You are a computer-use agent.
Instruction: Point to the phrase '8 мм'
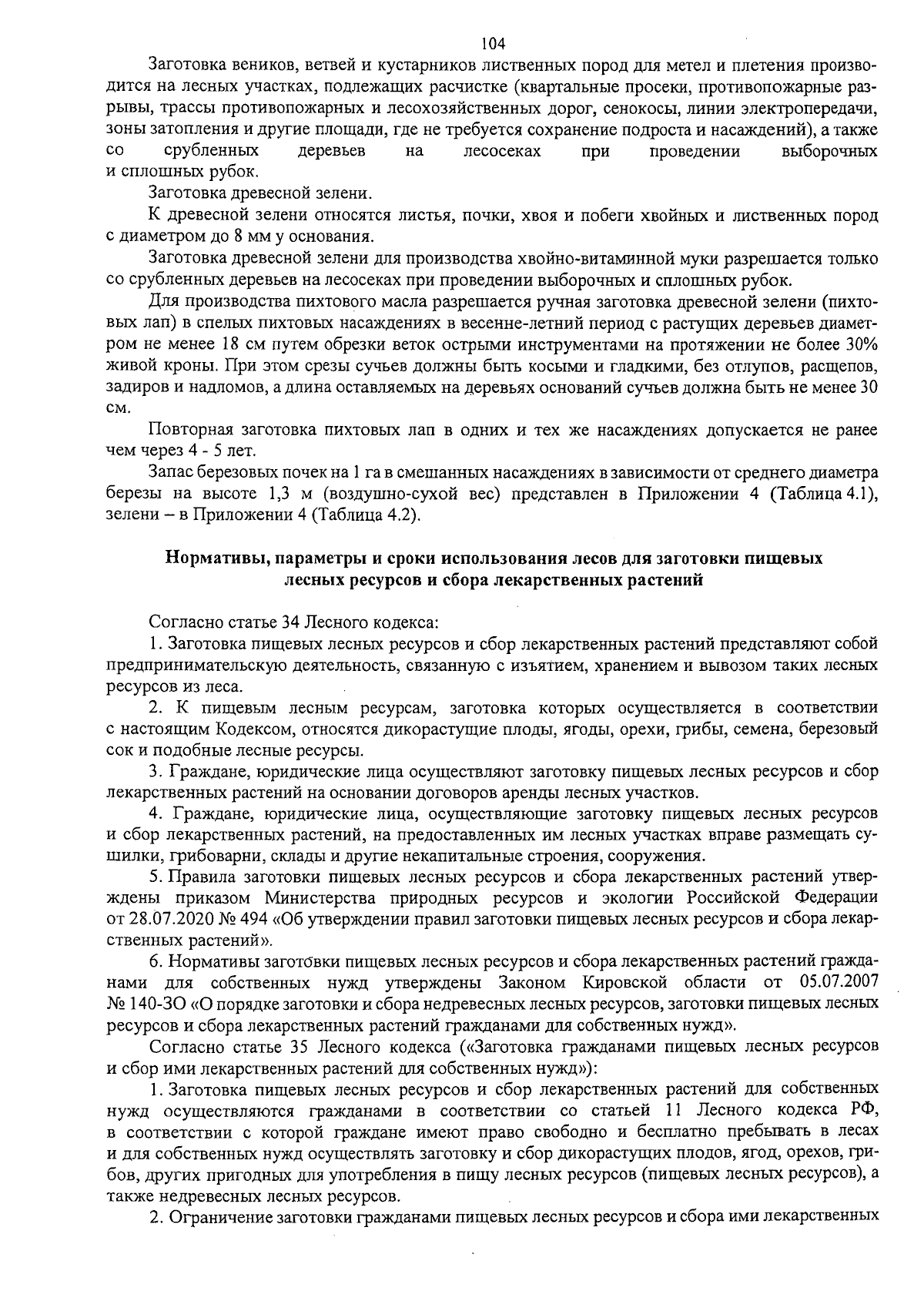(239, 236)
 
